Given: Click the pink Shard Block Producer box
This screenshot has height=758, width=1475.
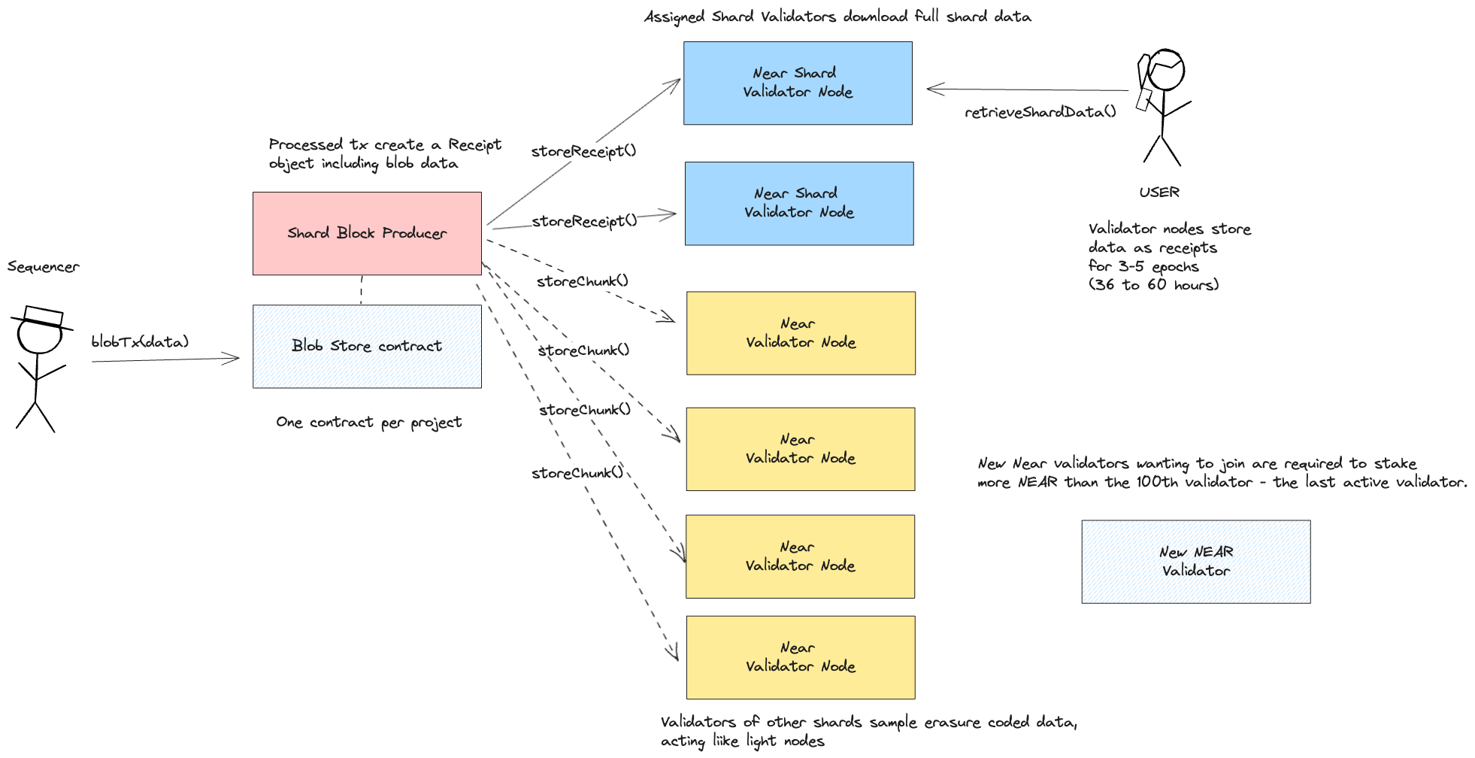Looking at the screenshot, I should (367, 233).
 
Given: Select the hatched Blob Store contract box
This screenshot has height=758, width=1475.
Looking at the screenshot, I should (367, 347).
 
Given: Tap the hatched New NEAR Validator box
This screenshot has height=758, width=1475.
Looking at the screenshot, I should (1195, 562).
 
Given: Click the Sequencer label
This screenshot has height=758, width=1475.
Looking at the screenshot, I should (44, 267).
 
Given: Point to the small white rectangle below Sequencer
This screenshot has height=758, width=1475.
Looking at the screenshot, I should (44, 316).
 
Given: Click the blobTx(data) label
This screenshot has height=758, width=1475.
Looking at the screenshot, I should (140, 342).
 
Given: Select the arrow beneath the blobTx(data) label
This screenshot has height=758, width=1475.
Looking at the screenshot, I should (165, 360).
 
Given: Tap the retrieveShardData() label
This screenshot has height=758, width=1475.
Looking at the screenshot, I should (1040, 112).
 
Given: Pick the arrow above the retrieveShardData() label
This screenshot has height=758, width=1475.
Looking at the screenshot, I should (1027, 89).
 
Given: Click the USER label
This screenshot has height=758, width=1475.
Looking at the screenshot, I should (1158, 193).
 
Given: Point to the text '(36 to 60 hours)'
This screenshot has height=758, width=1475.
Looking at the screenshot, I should (1153, 285).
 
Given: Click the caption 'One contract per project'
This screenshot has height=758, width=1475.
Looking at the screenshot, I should (368, 423).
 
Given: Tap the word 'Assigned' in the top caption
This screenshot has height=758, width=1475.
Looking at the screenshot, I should (674, 17).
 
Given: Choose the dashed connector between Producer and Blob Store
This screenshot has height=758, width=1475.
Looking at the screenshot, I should (362, 290).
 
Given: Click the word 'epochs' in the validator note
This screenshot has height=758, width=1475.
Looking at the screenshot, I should (1175, 267).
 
